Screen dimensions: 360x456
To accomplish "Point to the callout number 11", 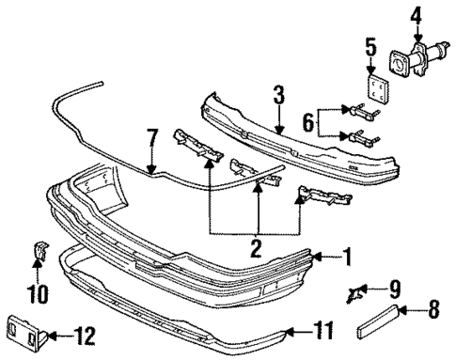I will (x=323, y=330).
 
